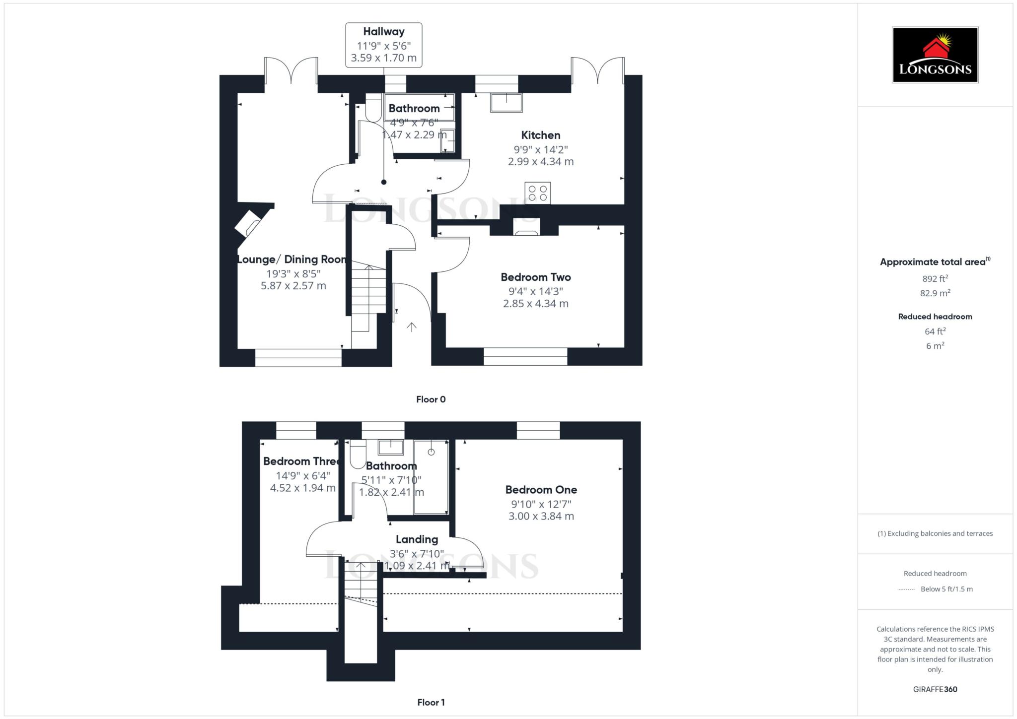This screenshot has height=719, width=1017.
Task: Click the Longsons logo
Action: (935, 55)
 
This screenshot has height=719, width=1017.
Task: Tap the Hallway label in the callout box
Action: (384, 32)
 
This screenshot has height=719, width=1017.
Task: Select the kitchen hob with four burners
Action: (538, 193)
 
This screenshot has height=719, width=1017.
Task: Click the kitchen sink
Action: (507, 103)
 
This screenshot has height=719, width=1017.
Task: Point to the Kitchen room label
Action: (541, 135)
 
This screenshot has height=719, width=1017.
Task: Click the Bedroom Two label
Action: (536, 277)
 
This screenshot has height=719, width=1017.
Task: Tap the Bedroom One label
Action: (541, 490)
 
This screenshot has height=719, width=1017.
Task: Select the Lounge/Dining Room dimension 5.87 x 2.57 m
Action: (293, 286)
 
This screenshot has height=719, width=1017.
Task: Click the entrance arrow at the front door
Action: (412, 327)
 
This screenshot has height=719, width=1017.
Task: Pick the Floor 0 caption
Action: (431, 399)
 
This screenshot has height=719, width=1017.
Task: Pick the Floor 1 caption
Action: (431, 702)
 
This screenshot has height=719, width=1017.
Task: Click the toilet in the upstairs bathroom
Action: (358, 454)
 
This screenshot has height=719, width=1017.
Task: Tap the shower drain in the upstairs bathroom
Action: (431, 452)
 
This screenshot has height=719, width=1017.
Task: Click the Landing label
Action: (417, 539)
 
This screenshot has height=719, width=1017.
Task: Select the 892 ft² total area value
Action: (935, 279)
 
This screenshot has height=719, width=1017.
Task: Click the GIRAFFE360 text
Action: (935, 689)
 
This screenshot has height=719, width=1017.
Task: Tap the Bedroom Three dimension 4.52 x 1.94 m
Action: (303, 488)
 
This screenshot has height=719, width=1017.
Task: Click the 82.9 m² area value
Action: (935, 293)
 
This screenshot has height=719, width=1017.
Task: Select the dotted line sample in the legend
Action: (906, 589)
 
